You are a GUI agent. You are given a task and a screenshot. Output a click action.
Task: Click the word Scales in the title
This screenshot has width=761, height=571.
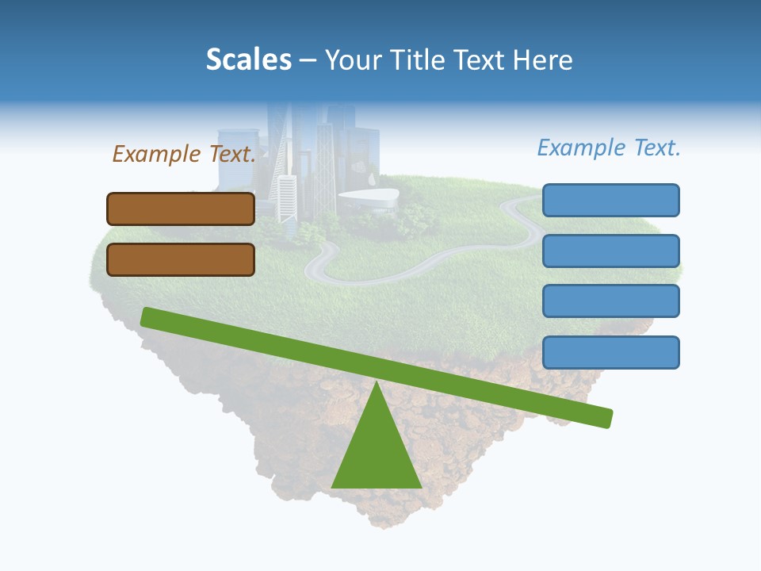pos(248,59)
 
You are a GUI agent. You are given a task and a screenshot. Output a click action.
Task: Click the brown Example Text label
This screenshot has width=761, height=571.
pos(184,154)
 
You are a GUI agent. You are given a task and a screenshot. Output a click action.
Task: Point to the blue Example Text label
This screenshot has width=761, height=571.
pos(609,148)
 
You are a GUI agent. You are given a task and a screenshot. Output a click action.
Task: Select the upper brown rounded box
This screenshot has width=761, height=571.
pos(181,209)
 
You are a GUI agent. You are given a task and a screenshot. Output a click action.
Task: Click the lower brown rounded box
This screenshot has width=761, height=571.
pos(181,259)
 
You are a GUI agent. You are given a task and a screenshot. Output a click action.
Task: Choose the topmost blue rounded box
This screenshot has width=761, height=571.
pos(610,200)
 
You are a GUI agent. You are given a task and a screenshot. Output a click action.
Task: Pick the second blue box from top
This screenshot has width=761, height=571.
pos(610,251)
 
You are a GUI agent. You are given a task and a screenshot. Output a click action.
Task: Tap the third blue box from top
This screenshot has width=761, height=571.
pos(610,301)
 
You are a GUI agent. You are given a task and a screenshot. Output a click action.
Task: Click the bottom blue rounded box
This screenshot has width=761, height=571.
pos(610,352)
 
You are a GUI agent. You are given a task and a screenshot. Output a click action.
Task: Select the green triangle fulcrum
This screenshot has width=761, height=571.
pos(376,452)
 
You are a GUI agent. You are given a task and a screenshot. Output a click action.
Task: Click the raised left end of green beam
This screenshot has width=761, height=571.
pos(147,316)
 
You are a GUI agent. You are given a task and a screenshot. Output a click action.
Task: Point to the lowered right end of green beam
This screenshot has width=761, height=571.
pos(606,418)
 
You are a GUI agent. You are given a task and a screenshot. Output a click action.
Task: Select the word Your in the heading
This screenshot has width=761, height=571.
pos(352,59)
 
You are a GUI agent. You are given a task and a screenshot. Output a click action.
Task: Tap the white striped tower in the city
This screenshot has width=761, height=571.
pos(285,198)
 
